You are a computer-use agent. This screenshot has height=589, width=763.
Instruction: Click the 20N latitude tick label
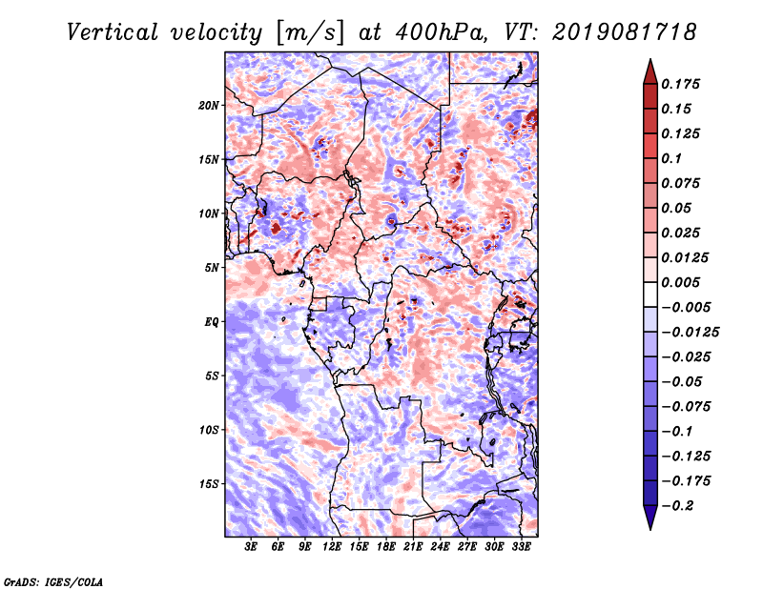[x=208, y=106]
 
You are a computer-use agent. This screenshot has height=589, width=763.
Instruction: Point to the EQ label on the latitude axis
[x=212, y=322]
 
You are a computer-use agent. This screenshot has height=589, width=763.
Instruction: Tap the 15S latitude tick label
[x=209, y=484]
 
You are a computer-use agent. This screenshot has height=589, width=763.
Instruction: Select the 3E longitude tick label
[x=251, y=547]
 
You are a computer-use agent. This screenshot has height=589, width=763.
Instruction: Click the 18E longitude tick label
[x=386, y=547]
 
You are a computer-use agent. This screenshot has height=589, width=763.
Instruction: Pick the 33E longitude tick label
[x=521, y=547]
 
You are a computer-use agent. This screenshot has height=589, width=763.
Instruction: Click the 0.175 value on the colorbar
[x=680, y=84]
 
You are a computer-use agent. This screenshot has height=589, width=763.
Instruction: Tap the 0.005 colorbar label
[x=680, y=282]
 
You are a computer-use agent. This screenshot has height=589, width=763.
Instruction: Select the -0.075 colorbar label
[x=686, y=407]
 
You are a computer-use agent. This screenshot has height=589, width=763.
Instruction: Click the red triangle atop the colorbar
[x=650, y=71]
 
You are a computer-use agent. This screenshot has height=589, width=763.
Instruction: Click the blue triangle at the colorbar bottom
[x=650, y=518]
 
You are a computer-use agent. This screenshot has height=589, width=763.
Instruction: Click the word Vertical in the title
[x=113, y=32]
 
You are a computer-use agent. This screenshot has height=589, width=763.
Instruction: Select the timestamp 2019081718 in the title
[x=625, y=32]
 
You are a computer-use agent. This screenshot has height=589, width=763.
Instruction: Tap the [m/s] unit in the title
[x=311, y=33]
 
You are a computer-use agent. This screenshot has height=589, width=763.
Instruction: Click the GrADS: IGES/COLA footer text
[x=53, y=582]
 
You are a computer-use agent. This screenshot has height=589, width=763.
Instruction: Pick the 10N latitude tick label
[x=208, y=213]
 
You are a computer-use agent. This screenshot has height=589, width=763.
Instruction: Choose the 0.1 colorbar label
[x=671, y=158]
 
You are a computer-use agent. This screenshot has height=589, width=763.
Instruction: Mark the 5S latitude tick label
[x=212, y=376]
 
